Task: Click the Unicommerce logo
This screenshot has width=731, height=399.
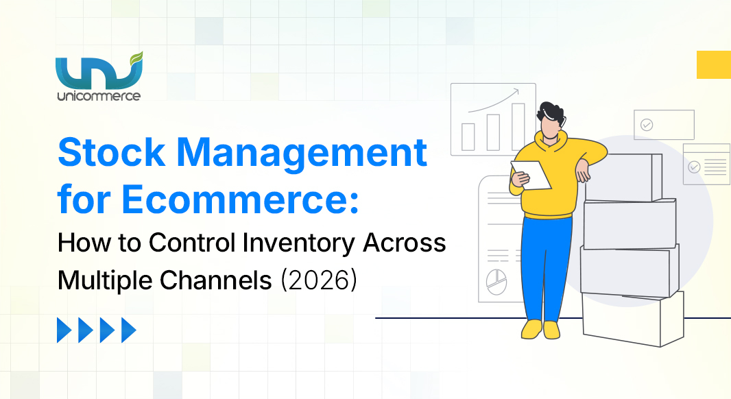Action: pos(99,75)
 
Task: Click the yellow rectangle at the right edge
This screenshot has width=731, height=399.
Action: pos(713,64)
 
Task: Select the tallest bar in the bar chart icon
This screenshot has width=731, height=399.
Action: pos(518,126)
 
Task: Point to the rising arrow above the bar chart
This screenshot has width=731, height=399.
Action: pos(494,103)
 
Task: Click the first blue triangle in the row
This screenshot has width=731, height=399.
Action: pos(64,330)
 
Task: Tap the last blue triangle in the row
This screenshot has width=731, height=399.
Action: pos(128,330)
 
